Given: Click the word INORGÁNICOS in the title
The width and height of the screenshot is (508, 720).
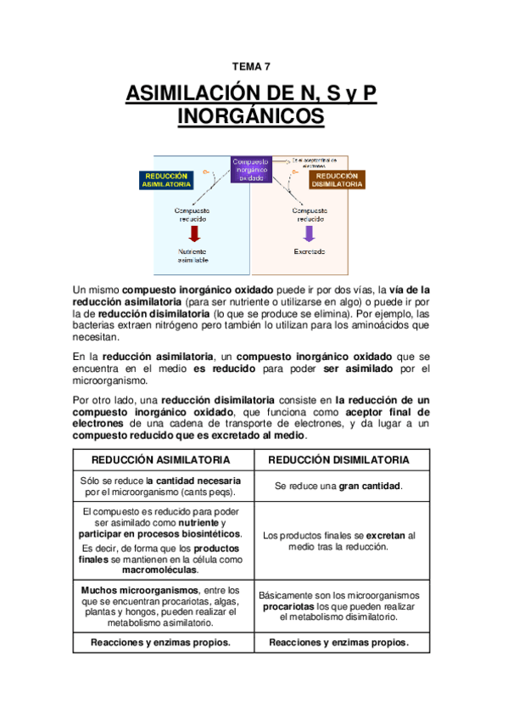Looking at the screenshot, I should (x=251, y=116).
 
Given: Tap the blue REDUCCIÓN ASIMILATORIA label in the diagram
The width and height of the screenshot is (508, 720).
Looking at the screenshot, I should (x=165, y=179).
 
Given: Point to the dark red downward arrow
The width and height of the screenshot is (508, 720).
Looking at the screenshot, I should (x=193, y=233).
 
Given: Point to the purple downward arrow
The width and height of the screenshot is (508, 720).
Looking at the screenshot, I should (x=309, y=233).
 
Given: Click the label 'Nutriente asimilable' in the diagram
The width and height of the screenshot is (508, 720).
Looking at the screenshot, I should (x=193, y=256).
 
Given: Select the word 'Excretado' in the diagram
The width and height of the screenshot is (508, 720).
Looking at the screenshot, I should (x=310, y=252).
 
